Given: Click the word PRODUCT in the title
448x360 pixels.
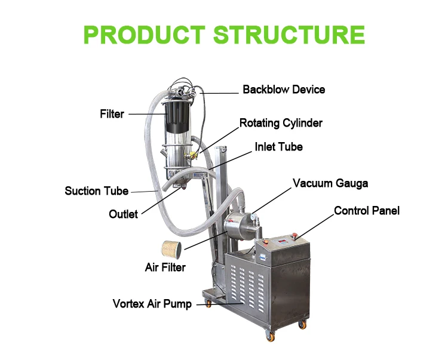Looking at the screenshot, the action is tap(145, 35).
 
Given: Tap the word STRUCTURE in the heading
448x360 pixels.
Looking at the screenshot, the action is tap(289, 35).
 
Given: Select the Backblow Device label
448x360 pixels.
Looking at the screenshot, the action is tap(284, 90).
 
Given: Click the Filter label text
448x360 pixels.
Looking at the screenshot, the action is tap(112, 114).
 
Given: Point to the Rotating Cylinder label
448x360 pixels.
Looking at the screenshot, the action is tap(281, 123).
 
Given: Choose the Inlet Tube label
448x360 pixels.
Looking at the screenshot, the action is tap(278, 147).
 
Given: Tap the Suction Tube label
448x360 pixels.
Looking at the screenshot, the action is tap(97, 191).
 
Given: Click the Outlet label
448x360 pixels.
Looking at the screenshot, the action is tap(123, 214).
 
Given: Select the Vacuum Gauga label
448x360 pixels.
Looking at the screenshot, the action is tap(330, 183).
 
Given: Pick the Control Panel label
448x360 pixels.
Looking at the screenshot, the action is tap(367, 211).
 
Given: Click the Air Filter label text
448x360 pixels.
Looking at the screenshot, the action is tap(165, 267).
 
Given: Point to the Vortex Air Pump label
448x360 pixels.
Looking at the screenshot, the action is tap(152, 304).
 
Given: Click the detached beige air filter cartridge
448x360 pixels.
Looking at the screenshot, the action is tap(171, 250).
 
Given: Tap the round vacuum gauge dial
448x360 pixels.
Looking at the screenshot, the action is tap(253, 216).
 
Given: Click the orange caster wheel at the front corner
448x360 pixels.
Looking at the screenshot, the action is tap(270, 337).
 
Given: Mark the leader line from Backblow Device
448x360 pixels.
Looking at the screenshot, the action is tap(219, 93).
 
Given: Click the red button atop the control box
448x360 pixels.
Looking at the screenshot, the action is tap(295, 236).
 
